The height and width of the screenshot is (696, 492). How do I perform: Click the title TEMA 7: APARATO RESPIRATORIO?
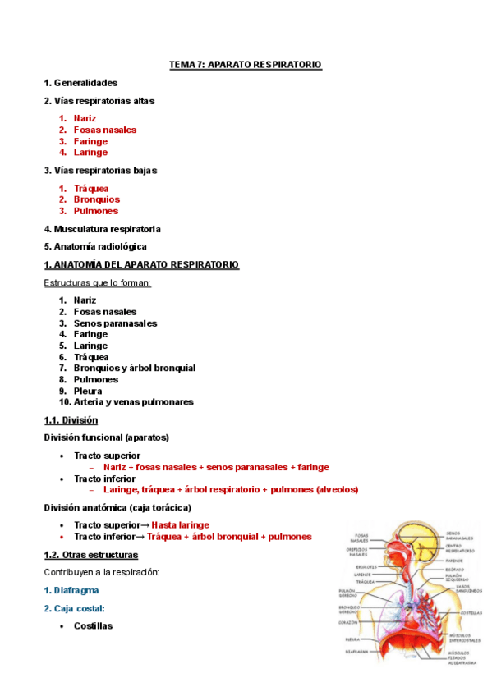246,64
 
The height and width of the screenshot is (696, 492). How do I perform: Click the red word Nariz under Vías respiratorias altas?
85,118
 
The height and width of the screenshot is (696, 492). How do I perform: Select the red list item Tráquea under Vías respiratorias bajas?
91,188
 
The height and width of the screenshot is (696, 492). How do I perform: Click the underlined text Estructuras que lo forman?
97,283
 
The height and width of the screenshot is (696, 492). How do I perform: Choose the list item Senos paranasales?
115,323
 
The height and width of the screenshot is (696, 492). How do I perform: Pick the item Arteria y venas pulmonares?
133,402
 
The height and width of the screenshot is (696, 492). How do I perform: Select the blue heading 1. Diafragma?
72,590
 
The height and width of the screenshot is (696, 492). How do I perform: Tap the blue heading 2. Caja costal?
74,608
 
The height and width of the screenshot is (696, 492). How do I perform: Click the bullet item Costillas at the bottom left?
93,625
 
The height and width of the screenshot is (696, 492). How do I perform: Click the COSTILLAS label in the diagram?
471,612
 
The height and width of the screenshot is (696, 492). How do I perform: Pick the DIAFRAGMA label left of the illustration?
356,652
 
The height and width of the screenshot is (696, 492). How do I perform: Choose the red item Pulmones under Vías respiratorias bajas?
95,211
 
